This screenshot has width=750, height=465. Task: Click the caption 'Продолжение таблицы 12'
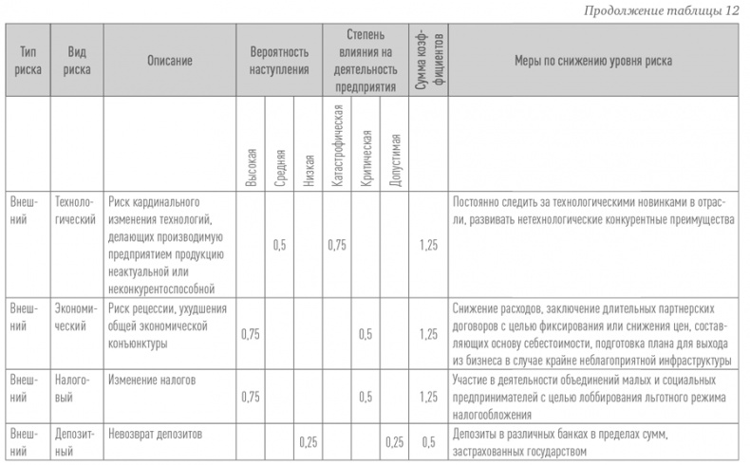677,10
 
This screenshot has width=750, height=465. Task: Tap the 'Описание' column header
170,61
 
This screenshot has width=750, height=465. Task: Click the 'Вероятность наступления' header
279,61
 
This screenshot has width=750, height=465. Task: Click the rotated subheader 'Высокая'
252,165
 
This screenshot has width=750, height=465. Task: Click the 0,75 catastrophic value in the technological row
337,245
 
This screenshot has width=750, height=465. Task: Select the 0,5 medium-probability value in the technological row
279,245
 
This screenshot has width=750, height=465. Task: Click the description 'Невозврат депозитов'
158,434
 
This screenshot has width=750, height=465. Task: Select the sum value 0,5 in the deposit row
428,442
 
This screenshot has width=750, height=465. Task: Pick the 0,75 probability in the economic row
251,333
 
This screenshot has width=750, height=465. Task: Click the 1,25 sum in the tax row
428,397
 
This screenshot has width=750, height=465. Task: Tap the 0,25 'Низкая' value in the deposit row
308,442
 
